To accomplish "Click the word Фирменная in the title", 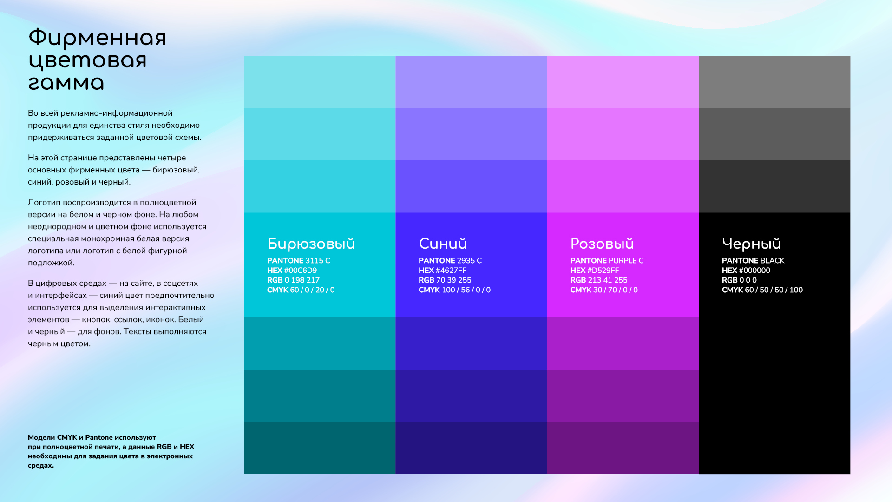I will point(97,38).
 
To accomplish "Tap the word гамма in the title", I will point(66,84).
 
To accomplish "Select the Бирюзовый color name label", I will point(311,244).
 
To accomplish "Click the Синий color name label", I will point(442,244).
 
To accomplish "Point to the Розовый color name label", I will point(602,244).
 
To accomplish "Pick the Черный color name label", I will point(751,244).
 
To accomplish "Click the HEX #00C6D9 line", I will point(292,271).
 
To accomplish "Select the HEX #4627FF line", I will point(442,271).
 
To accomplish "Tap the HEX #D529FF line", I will point(594,271).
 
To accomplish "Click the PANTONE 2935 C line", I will point(450,261).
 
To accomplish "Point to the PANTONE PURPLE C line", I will point(607,261).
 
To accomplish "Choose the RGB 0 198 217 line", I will point(293,280).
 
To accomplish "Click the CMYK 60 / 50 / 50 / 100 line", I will point(762,290).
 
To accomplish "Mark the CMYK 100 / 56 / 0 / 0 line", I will point(454,290).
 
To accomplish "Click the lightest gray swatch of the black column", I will point(774,82).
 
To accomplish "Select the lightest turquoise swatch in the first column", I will point(320,82).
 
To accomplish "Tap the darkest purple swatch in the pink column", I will point(623,448).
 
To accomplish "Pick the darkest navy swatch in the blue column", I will point(471,448).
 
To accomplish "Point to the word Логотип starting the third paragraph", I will point(44,203).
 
